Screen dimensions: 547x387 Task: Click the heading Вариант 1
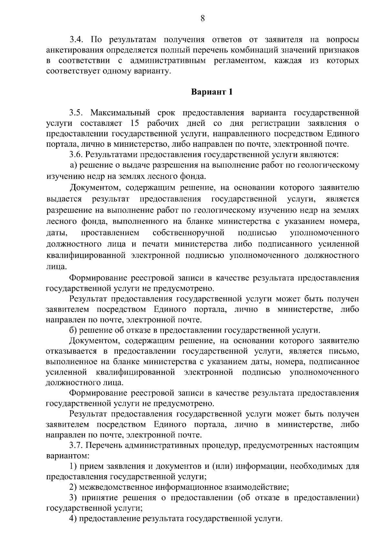click(212, 92)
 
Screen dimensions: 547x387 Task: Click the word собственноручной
click(188, 233)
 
